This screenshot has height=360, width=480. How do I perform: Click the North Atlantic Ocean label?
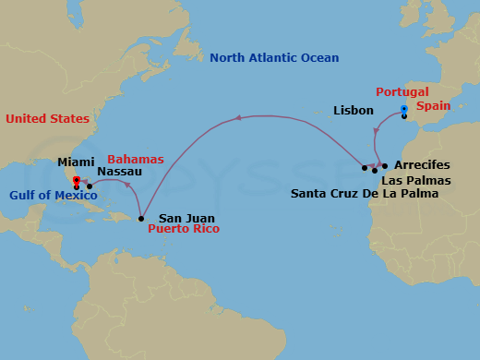[x=274, y=58]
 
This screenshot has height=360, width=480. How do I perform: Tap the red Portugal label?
[x=402, y=92]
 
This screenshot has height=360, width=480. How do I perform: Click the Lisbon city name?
[x=354, y=111]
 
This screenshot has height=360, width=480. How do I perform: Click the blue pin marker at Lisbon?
[x=404, y=109]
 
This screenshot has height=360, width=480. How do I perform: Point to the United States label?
[x=47, y=119]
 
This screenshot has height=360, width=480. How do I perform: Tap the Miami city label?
[x=76, y=162]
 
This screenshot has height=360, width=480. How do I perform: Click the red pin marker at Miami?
[x=77, y=181]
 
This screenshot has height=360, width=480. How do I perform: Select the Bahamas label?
[x=136, y=160]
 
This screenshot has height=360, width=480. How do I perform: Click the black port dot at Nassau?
[x=90, y=187]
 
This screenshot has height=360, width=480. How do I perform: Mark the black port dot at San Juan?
[x=140, y=219]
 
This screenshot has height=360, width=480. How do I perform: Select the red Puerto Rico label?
[x=184, y=228]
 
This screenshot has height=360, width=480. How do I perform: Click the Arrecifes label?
[x=422, y=165]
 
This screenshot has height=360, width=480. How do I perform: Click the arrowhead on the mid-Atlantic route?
[x=237, y=117]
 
